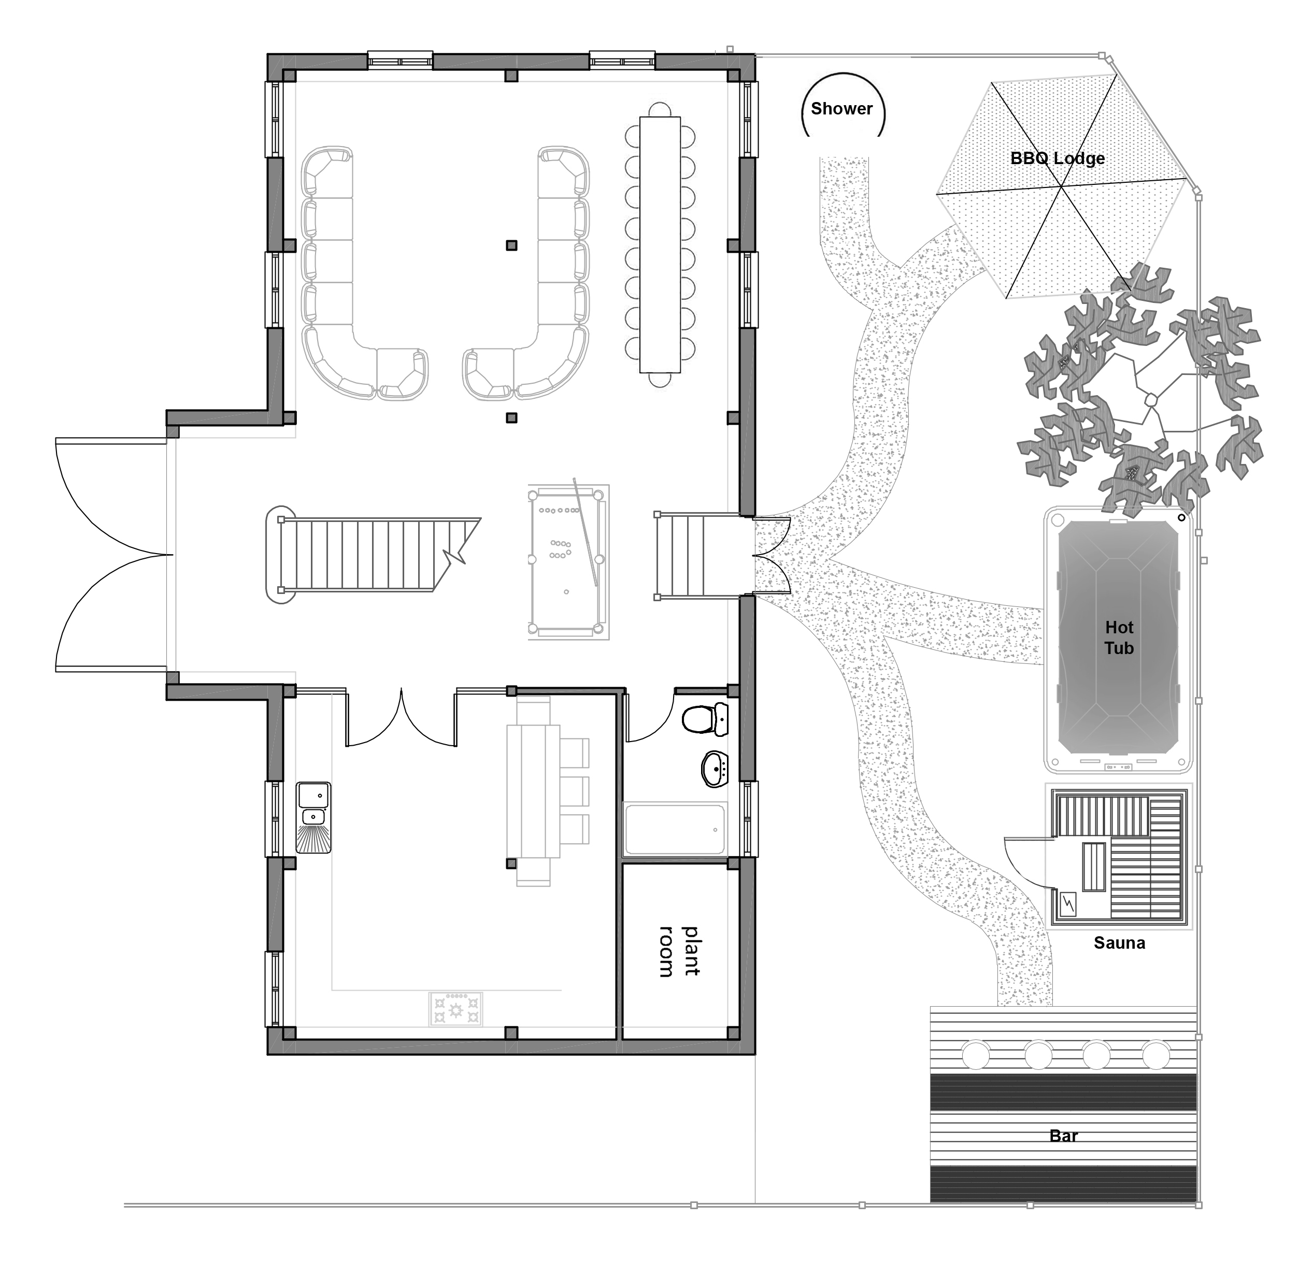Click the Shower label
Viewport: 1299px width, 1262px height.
pyautogui.click(x=841, y=109)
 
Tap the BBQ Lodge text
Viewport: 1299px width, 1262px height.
pyautogui.click(x=1057, y=158)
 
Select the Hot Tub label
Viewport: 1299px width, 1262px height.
pyautogui.click(x=1119, y=637)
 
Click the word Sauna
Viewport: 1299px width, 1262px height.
pyautogui.click(x=1119, y=943)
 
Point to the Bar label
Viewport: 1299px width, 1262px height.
pyautogui.click(x=1064, y=1136)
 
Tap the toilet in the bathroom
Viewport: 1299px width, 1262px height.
pyautogui.click(x=706, y=719)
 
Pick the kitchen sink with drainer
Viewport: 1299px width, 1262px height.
pyautogui.click(x=313, y=817)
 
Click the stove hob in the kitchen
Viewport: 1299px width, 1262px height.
pyautogui.click(x=455, y=1009)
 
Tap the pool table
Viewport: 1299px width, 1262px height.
pyautogui.click(x=568, y=562)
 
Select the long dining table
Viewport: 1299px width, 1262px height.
pyautogui.click(x=660, y=244)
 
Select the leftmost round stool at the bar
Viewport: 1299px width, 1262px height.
pyautogui.click(x=976, y=1054)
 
